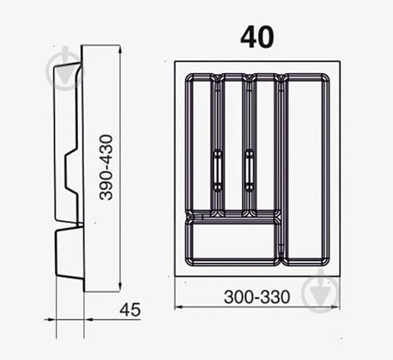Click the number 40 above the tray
point(257,36)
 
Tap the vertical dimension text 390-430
point(108,167)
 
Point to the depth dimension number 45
point(130,310)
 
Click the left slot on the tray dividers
point(216,169)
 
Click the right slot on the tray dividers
point(249,169)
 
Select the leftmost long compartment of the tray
point(200,145)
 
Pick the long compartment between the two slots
point(233,145)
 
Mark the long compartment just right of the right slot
point(265,145)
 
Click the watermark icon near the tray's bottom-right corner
point(320,290)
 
